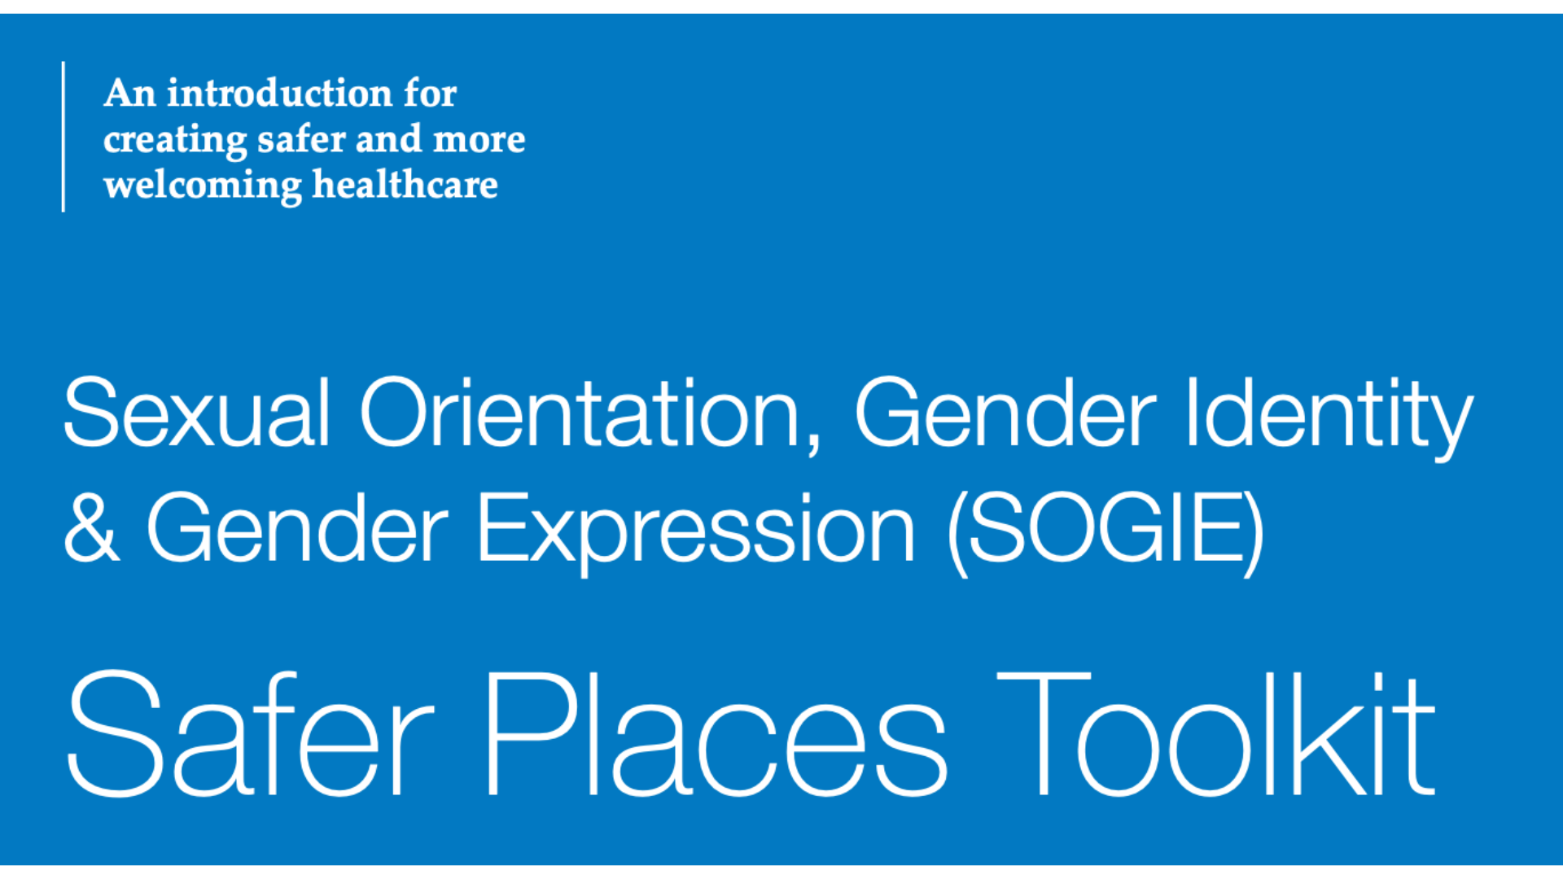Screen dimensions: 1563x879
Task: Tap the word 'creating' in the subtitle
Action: [x=174, y=141]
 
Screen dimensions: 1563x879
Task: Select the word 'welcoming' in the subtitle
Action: [x=202, y=186]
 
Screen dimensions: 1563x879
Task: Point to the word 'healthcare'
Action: [x=405, y=185]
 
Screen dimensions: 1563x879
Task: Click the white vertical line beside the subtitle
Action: [x=63, y=137]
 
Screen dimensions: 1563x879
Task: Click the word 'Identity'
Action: [x=1329, y=418]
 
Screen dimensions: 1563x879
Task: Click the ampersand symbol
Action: [x=91, y=527]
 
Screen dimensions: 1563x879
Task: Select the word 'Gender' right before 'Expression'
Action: [x=297, y=527]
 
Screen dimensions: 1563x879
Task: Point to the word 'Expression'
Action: [x=696, y=532]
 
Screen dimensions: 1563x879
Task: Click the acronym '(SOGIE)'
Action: [x=1105, y=532]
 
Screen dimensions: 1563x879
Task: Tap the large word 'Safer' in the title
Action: [x=250, y=732]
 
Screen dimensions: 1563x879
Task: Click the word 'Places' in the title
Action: [x=717, y=732]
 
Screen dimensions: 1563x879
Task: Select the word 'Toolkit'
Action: [x=1216, y=732]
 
